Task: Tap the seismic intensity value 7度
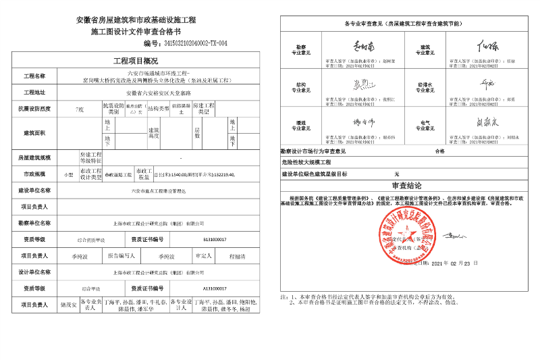[x=80, y=108]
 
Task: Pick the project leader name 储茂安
[x=68, y=305]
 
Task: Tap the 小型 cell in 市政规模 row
[x=68, y=174]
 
